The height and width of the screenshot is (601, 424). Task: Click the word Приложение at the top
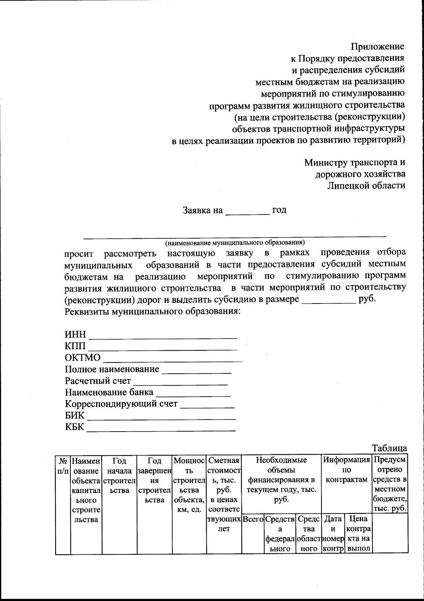pos(377,46)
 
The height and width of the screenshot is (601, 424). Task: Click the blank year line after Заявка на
pos(247,212)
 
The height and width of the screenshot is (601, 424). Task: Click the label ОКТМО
pos(82,357)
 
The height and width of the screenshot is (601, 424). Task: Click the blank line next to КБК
pos(161,429)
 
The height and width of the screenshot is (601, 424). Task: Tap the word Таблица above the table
pos(390,448)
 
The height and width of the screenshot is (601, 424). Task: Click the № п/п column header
pos(63,466)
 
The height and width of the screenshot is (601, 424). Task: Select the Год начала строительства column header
pos(119,475)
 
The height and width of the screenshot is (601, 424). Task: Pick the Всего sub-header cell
pos(253,519)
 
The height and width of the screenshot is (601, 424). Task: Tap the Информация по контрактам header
pos(347,470)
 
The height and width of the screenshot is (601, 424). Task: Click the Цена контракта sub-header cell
pos(358,534)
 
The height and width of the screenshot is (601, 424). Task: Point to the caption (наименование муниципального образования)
pos(235,242)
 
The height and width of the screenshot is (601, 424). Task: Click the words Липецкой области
pos(366,185)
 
